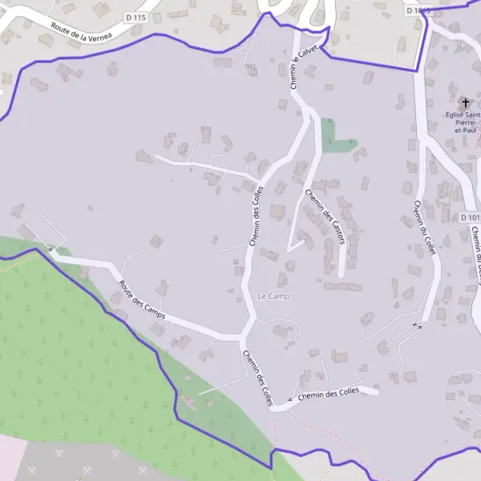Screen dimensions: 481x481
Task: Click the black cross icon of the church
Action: click(x=465, y=103)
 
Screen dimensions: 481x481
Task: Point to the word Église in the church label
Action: click(x=456, y=115)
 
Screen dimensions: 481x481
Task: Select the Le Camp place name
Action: click(x=273, y=297)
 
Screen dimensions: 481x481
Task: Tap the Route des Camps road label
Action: click(x=143, y=299)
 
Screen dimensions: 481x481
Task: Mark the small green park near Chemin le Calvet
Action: click(x=331, y=136)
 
